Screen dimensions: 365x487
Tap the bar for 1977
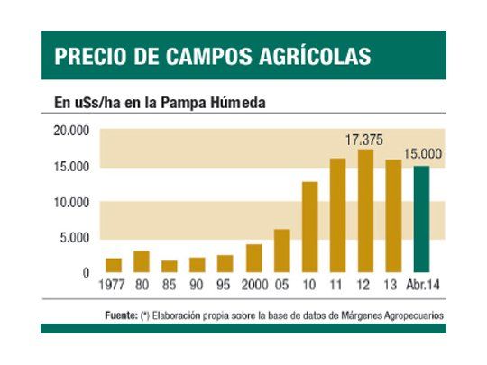(114, 265)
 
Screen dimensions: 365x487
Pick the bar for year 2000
(253, 258)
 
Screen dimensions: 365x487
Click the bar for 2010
(309, 226)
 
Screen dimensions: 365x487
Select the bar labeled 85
(170, 266)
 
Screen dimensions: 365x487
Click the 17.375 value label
(365, 140)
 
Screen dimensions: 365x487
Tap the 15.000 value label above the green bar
(421, 154)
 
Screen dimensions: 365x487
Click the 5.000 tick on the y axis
(75, 238)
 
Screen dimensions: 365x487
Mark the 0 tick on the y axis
(87, 272)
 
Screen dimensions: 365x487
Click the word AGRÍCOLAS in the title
(312, 56)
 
